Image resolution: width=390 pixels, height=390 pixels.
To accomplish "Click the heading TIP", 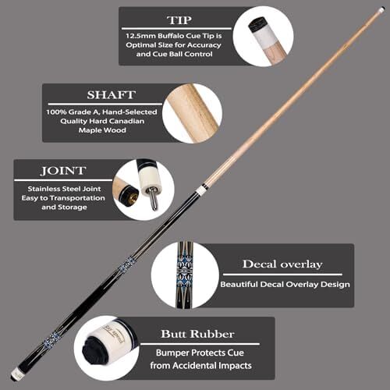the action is point(179,20).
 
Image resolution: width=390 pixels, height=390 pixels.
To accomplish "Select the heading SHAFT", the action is point(112,95).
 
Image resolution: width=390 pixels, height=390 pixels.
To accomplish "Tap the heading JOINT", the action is point(63,171).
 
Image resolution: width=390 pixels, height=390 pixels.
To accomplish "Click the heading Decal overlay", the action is point(282,264).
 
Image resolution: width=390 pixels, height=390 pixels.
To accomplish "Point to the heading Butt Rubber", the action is point(197,334).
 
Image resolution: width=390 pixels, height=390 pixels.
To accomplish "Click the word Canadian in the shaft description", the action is point(126,121).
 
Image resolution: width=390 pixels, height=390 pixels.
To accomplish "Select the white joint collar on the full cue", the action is point(200,190).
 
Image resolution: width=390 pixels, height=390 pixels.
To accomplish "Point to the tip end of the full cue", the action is point(381,11).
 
